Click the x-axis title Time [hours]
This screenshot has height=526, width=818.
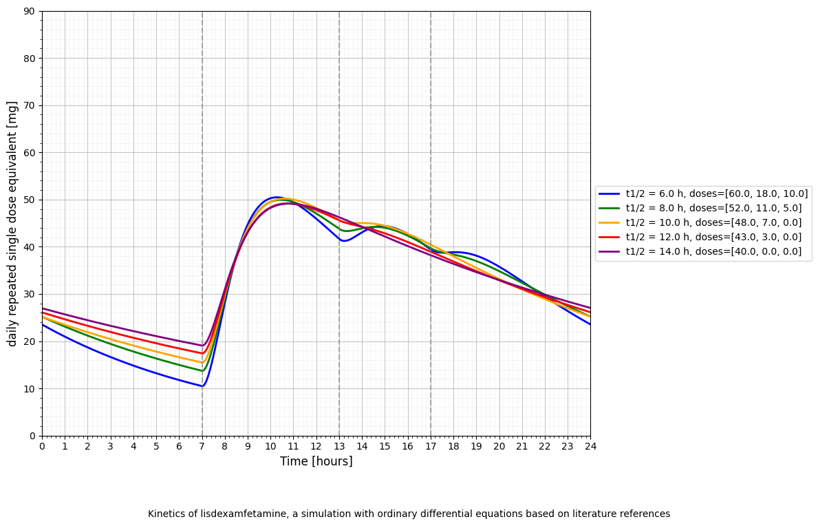click(x=316, y=461)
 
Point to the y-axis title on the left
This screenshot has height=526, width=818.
click(x=12, y=223)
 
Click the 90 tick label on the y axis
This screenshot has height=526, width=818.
click(x=29, y=11)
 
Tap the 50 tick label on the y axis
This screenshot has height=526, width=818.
click(x=29, y=200)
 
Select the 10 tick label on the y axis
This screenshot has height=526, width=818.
click(x=29, y=389)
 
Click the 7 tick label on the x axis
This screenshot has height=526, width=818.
click(x=202, y=446)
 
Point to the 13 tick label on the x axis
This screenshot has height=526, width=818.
click(x=339, y=446)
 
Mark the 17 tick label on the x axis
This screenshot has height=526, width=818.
click(x=431, y=446)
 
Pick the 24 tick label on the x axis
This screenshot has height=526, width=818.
click(x=590, y=446)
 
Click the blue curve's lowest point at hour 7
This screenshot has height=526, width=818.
click(x=202, y=386)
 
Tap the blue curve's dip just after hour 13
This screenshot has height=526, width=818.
click(x=344, y=241)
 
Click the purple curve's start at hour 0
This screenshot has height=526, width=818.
click(x=43, y=308)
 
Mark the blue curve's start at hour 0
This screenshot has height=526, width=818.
click(x=43, y=324)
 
